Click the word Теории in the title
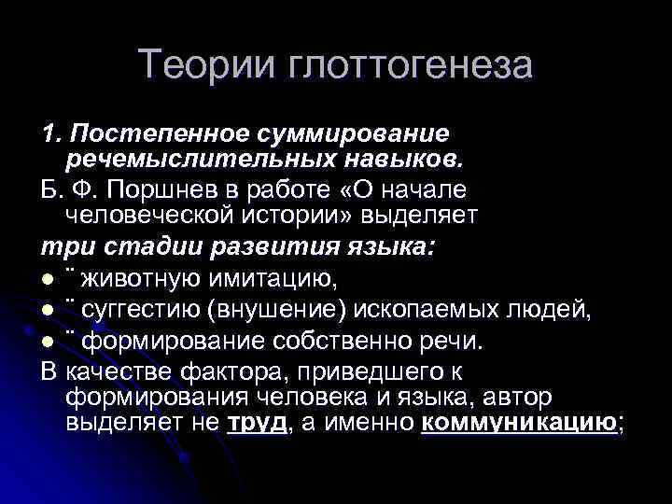click(x=193, y=64)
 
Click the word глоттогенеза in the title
click(x=399, y=66)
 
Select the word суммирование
click(x=349, y=135)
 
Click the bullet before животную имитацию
click(x=48, y=279)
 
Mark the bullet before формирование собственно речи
click(x=48, y=341)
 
